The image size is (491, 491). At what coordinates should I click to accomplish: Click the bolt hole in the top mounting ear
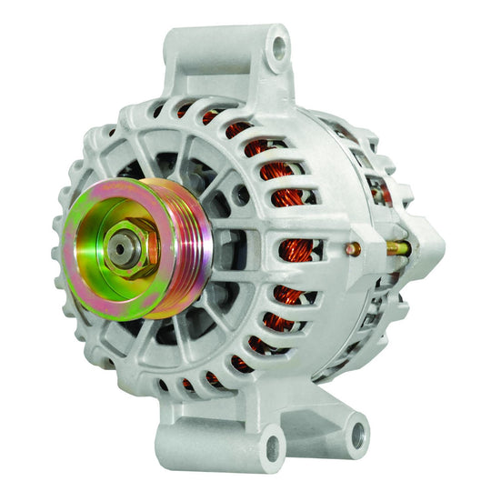click(x=277, y=42)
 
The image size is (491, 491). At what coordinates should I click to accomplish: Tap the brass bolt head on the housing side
click(x=354, y=248)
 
